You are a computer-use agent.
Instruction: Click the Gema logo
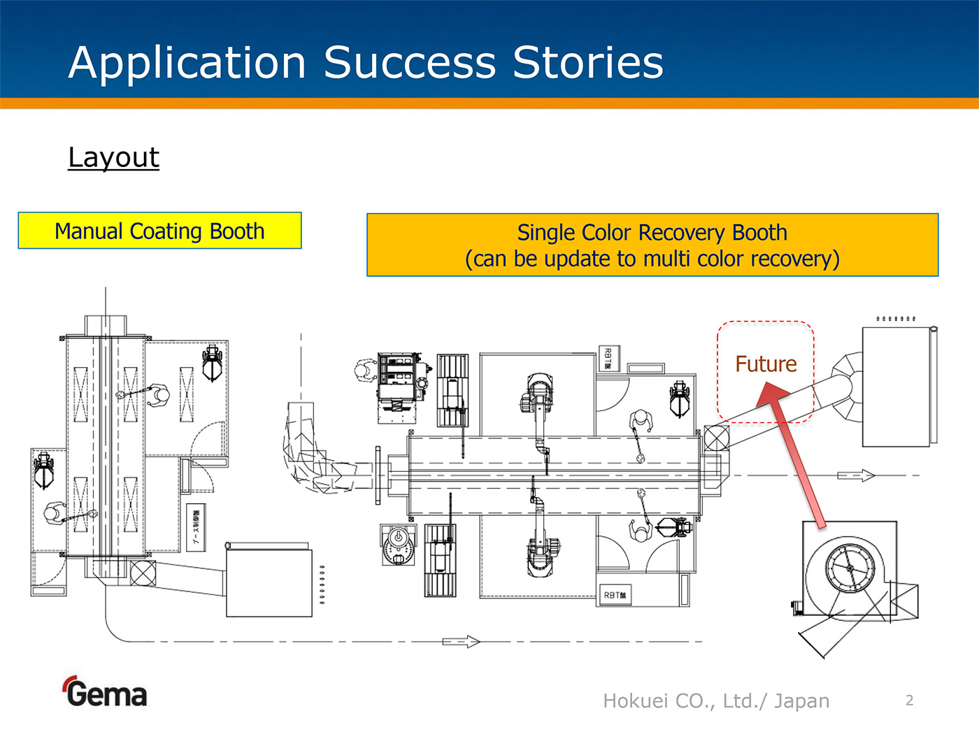pos(106,692)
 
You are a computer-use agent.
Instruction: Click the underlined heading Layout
pos(114,157)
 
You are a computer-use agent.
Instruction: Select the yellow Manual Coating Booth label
pos(159,231)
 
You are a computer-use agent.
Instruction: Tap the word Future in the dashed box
pos(766,364)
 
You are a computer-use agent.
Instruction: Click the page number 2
pos(909,700)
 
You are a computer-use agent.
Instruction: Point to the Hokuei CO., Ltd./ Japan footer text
pos(716,700)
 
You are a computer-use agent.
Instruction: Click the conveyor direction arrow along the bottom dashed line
pos(461,642)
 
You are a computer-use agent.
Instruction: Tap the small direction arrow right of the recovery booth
pos(856,475)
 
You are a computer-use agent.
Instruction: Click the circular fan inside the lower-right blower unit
pos(850,568)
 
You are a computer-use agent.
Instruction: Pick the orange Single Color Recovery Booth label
pos(652,245)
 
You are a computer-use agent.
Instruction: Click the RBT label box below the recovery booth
pos(614,595)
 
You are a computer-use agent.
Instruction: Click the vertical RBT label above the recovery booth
pos(608,359)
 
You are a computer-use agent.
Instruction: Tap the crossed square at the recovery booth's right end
pos(716,438)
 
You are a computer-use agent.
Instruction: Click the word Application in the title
pos(187,63)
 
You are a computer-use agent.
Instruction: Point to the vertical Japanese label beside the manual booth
pos(196,526)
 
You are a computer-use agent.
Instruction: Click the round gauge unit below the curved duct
pos(398,545)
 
